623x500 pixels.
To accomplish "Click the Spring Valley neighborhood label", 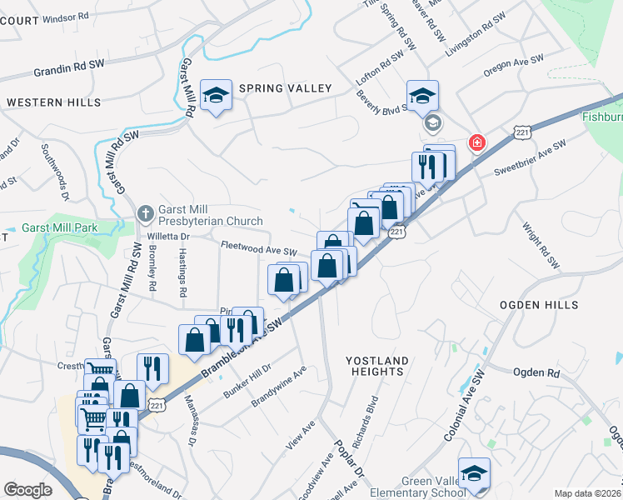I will pos(285,88).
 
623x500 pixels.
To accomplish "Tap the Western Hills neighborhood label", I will pos(53,102).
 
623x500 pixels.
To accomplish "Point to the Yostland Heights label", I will pos(378,367).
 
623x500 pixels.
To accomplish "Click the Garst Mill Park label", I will pos(60,227).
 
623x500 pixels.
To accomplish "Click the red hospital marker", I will pos(476,142).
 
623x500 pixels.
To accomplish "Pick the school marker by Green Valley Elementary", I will pos(474,472).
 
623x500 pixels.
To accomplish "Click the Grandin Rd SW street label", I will pos(69,68).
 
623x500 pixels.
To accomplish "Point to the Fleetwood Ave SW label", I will pos(258,248).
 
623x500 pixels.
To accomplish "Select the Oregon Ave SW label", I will pos(513,66).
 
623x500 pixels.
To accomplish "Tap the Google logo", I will pos(27,490).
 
